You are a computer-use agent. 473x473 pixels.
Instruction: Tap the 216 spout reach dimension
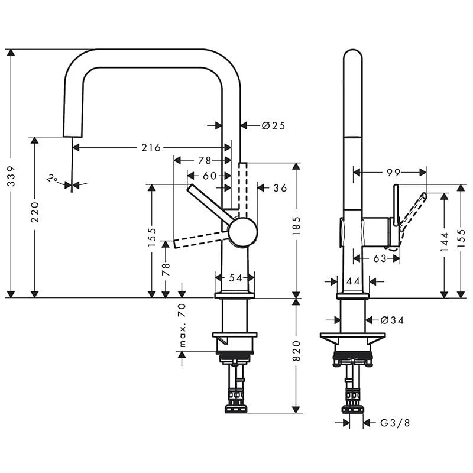(151, 147)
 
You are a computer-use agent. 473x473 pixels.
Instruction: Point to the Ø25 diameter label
(273, 125)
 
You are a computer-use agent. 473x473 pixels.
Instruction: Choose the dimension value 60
(209, 175)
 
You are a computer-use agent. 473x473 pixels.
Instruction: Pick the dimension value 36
(280, 188)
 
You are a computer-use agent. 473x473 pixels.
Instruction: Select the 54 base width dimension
(235, 278)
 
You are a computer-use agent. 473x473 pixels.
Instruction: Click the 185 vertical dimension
(296, 226)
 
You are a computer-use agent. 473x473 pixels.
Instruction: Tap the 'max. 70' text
(182, 325)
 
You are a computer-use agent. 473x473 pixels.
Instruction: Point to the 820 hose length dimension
(296, 351)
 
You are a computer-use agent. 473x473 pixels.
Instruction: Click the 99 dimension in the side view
(394, 172)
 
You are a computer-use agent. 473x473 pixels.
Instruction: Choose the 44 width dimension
(353, 281)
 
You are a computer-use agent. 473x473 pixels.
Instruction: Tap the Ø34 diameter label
(391, 320)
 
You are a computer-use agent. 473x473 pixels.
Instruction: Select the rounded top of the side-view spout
(353, 56)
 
